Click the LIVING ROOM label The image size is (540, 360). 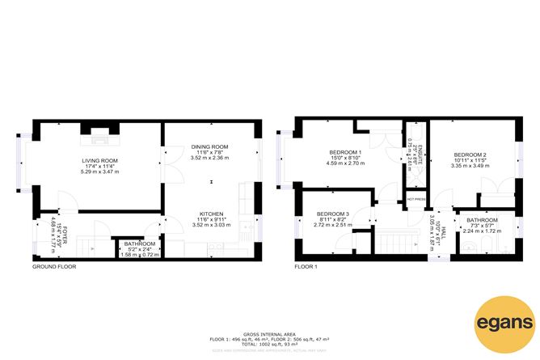pyautogui.click(x=99, y=160)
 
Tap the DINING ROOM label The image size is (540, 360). pyautogui.click(x=209, y=146)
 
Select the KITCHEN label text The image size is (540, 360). pyautogui.click(x=211, y=214)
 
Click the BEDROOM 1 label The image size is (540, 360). pyautogui.click(x=345, y=153)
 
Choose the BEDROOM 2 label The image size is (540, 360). pyautogui.click(x=470, y=155)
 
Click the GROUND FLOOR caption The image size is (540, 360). pyautogui.click(x=54, y=266)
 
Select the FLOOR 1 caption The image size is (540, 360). pyautogui.click(x=306, y=266)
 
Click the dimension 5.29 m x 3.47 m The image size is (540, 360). pyautogui.click(x=99, y=172)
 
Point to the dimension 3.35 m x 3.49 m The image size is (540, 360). pyautogui.click(x=470, y=166)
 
